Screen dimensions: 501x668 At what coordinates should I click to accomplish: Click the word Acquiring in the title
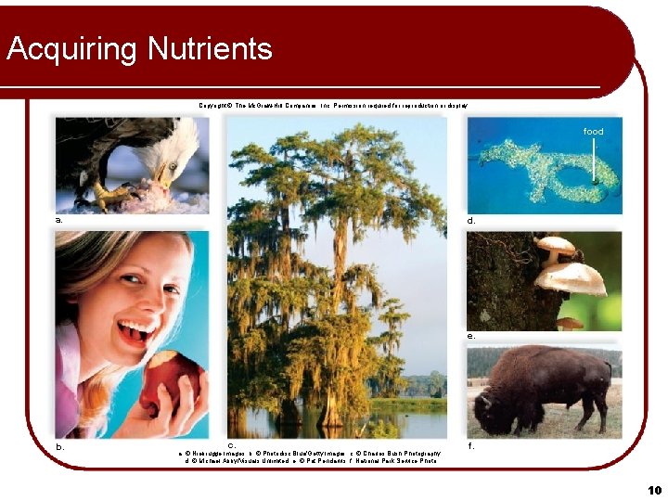66,49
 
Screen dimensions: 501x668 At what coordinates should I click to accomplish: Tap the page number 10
655,490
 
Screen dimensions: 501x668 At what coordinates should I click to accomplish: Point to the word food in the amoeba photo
593,132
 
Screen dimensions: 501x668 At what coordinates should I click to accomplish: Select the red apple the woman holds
170,382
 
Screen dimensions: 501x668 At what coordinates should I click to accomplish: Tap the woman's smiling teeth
136,329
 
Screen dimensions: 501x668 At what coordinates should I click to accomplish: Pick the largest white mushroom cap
571,276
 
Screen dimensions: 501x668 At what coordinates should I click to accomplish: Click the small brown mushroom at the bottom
570,323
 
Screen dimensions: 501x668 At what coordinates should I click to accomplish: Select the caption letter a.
59,220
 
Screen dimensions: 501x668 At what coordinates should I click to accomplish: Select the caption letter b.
59,446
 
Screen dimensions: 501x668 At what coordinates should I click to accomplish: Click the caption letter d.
471,220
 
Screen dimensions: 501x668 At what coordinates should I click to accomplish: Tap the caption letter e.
471,336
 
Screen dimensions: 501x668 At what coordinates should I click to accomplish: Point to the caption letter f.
471,445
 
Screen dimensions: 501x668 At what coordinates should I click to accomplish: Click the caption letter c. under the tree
233,445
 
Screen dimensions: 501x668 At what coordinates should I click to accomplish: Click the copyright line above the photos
333,106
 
